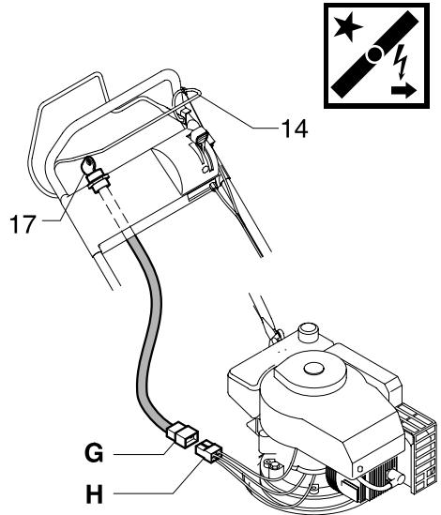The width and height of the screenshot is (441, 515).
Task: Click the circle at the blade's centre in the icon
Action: pyautogui.click(x=375, y=55)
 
